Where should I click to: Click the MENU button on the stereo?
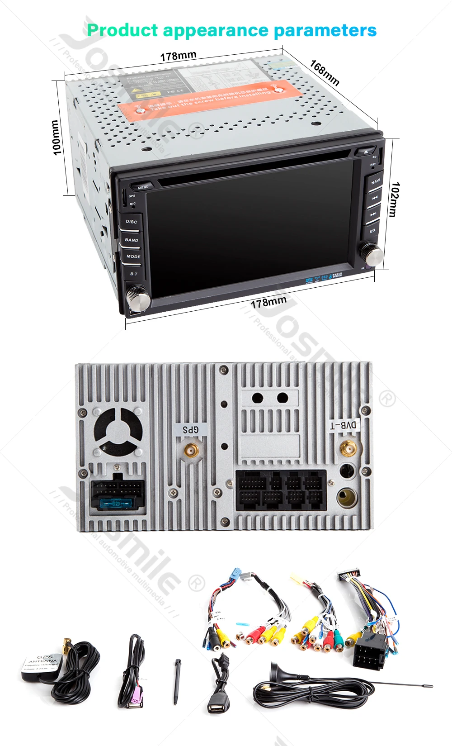point(143,186)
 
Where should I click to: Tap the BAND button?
point(132,240)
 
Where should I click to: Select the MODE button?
point(133,257)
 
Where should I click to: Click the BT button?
point(134,274)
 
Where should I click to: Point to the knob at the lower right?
point(373,254)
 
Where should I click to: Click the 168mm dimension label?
point(325,72)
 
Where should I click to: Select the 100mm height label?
point(56,138)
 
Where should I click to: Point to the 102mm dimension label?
point(395,200)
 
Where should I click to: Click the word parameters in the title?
point(325,30)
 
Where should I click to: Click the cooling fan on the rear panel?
point(118,431)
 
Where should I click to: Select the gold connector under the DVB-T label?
point(348,449)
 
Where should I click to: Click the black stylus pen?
point(177,681)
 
